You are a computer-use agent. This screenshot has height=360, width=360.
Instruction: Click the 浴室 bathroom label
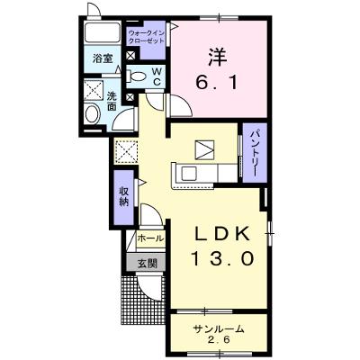point(103,58)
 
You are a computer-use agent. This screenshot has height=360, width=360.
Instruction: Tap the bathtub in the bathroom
point(103,32)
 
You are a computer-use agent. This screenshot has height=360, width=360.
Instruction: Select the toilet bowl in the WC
point(137,76)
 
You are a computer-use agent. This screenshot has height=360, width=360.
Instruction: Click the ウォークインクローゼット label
point(146,37)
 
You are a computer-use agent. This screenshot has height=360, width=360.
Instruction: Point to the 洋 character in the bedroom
point(217,57)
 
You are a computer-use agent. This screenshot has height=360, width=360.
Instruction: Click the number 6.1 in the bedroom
point(216,82)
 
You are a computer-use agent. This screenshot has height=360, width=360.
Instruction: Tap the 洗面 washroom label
point(112,102)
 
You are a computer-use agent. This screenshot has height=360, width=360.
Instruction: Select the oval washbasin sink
point(92,114)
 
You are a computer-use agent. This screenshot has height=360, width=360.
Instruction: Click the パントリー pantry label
point(255,152)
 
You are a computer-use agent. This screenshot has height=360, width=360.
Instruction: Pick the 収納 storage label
point(124,196)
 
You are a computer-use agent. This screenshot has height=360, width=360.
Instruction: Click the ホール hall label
point(150,238)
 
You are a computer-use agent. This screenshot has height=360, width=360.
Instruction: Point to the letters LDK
point(223,234)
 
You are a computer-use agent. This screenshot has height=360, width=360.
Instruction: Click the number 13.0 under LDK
point(223,258)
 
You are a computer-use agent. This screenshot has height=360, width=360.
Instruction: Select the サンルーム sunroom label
point(218,329)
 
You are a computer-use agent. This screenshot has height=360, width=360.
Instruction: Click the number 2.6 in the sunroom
point(219,340)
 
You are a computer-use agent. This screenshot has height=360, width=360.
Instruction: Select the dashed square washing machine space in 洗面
point(93,90)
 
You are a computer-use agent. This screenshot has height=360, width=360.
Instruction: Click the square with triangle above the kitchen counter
point(205,150)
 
